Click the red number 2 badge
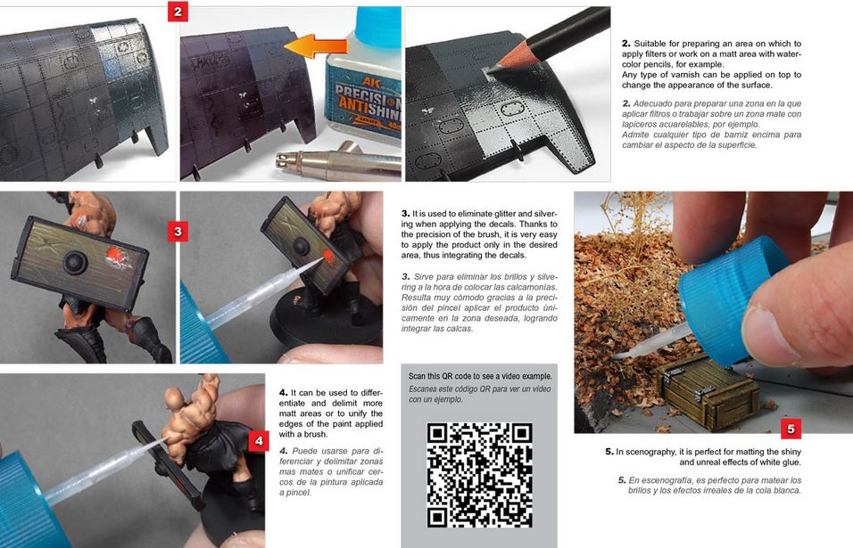[178, 12]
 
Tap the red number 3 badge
[178, 232]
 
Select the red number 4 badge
[259, 441]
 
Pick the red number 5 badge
[791, 429]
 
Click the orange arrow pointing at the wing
[316, 45]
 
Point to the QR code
[479, 475]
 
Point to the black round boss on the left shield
[76, 262]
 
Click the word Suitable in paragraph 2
[649, 44]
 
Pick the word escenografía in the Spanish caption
[666, 480]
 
